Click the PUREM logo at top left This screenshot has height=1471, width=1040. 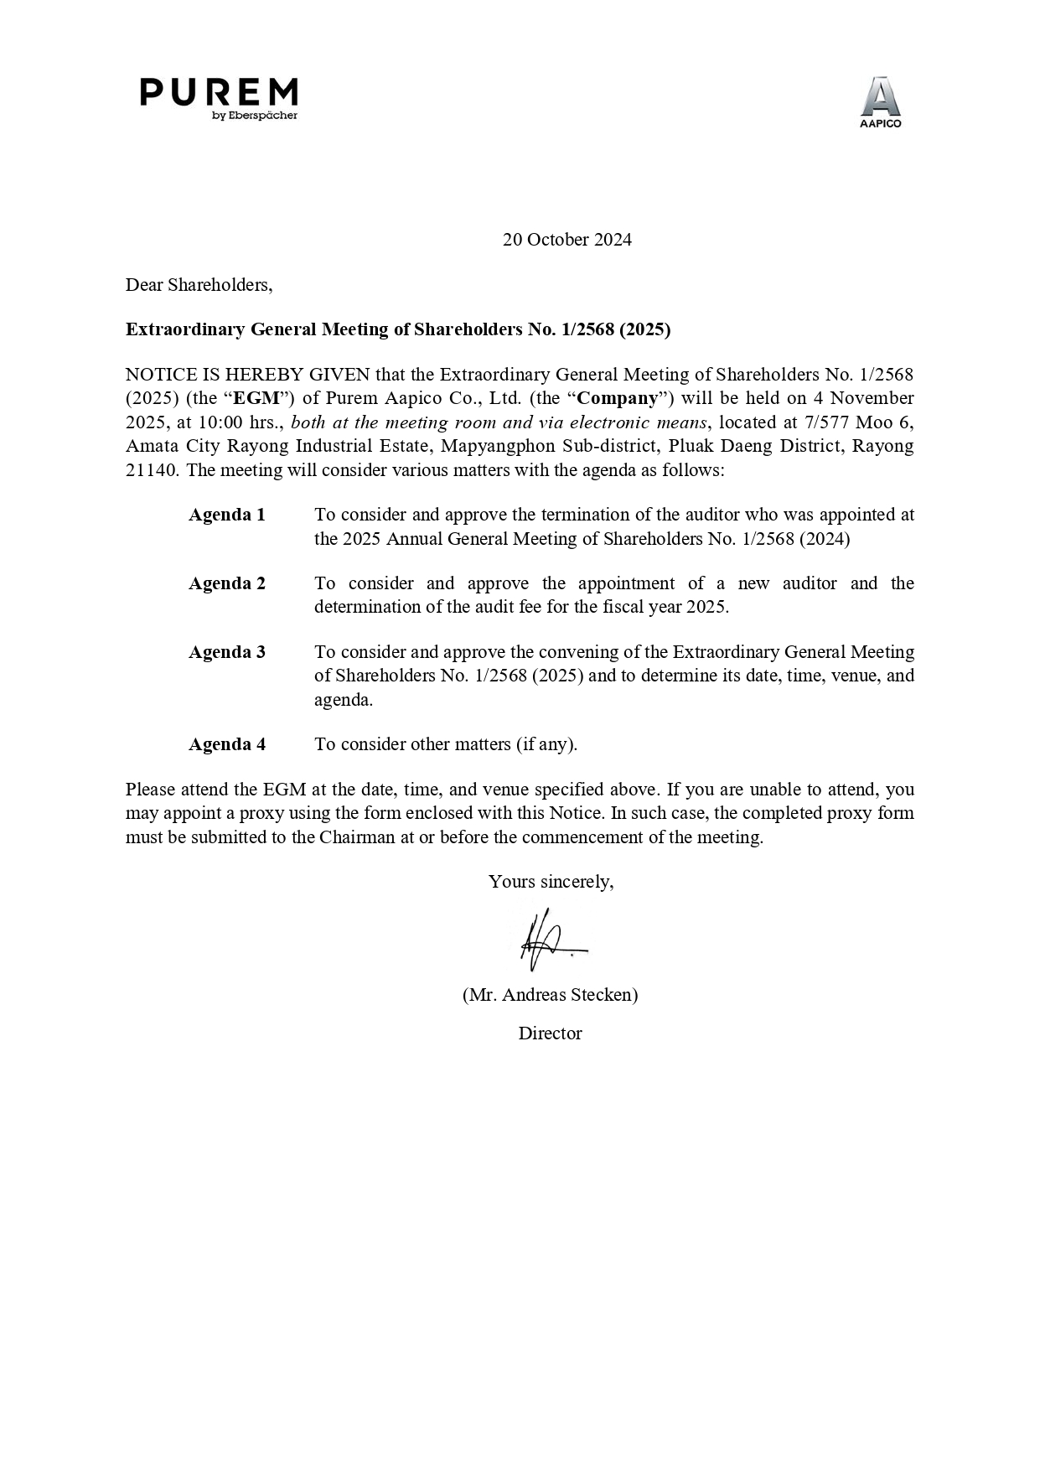[x=219, y=98]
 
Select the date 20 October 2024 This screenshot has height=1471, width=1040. [x=567, y=240]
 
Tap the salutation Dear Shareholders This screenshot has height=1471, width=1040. [x=199, y=285]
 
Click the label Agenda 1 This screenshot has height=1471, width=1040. [x=226, y=515]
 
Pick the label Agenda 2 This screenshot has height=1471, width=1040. [x=226, y=583]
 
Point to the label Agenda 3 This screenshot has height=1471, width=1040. [x=226, y=652]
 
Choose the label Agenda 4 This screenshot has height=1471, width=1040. [x=226, y=744]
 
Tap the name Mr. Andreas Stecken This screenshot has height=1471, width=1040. [x=550, y=995]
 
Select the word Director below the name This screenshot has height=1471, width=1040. [x=550, y=1033]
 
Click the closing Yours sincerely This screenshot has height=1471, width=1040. [x=551, y=882]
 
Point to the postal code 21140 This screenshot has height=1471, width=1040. [x=151, y=470]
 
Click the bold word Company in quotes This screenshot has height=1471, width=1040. [x=618, y=398]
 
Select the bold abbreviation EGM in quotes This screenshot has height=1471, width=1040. [x=256, y=398]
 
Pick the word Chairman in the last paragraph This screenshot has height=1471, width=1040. [x=356, y=837]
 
